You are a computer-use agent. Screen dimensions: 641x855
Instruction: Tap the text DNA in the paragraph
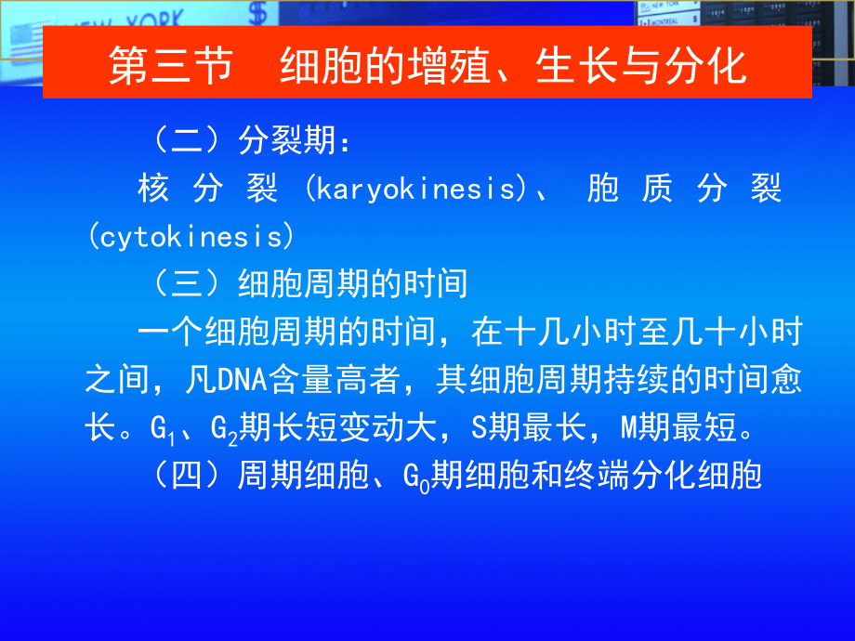(243, 380)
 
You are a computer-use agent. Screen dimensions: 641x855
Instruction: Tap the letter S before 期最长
(479, 428)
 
